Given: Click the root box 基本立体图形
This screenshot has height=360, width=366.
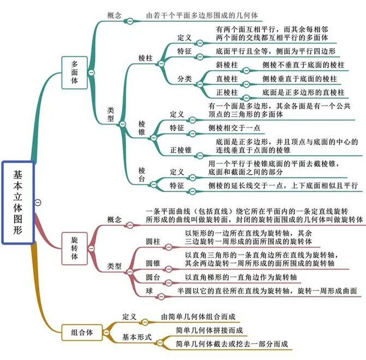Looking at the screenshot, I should click(x=18, y=202).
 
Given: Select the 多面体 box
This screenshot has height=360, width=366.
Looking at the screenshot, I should click(x=75, y=73).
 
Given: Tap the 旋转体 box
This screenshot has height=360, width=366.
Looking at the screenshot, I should click(x=75, y=248).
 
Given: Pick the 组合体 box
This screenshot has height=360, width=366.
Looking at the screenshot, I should click(x=82, y=332).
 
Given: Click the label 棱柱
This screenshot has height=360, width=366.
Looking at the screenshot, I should click(x=146, y=58).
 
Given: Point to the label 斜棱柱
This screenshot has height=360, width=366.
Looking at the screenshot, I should click(x=227, y=65).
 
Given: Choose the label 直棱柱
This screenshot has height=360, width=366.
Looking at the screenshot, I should click(x=227, y=79).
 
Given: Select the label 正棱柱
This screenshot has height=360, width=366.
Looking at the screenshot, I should click(x=227, y=93).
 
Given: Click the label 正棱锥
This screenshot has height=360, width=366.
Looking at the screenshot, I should click(x=181, y=150).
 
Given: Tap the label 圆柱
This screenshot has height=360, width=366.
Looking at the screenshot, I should click(x=153, y=242).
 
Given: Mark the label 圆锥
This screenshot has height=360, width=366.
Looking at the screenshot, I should click(x=153, y=264).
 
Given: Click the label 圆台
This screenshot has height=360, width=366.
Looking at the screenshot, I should click(x=153, y=277).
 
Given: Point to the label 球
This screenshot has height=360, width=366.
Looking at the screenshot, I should click(x=149, y=291).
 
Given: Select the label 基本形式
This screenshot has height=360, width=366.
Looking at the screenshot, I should click(x=137, y=337).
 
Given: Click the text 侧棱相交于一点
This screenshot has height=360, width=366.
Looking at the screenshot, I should click(x=234, y=128).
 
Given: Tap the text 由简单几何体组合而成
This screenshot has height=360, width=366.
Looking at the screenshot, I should click(x=198, y=317).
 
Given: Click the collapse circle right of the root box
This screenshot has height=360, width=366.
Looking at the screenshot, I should click(x=38, y=202).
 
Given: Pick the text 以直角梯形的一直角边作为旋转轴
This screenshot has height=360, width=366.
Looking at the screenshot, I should click(x=241, y=277).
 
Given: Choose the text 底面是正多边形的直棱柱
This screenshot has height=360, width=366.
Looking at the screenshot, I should click(x=303, y=93).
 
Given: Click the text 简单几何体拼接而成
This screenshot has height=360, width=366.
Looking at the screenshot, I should click(x=209, y=330).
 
